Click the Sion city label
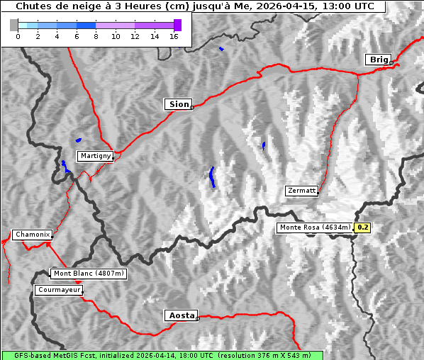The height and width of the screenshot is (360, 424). click(179, 104)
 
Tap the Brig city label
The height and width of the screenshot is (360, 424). click(377, 60)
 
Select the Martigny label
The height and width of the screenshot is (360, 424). click(94, 156)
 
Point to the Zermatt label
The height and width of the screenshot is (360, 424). click(301, 191)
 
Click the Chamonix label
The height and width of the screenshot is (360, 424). click(32, 235)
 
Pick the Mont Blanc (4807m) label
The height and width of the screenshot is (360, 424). click(89, 273)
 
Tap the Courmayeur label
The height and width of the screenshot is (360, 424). click(59, 290)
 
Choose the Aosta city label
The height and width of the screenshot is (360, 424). click(180, 315)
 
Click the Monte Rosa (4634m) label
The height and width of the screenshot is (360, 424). click(314, 227)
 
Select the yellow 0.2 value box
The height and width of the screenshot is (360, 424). click(363, 227)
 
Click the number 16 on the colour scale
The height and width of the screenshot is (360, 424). click(174, 36)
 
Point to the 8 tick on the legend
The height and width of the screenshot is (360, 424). click(96, 36)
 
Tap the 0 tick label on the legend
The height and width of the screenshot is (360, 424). click(18, 36)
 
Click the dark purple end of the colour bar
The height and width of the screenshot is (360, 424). click(177, 25)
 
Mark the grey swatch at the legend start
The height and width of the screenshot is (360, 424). click(14, 25)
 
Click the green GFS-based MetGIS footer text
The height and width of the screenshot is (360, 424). click(162, 355)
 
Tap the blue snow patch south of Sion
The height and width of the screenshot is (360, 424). click(212, 177)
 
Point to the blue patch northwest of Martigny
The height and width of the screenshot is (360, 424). click(78, 140)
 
